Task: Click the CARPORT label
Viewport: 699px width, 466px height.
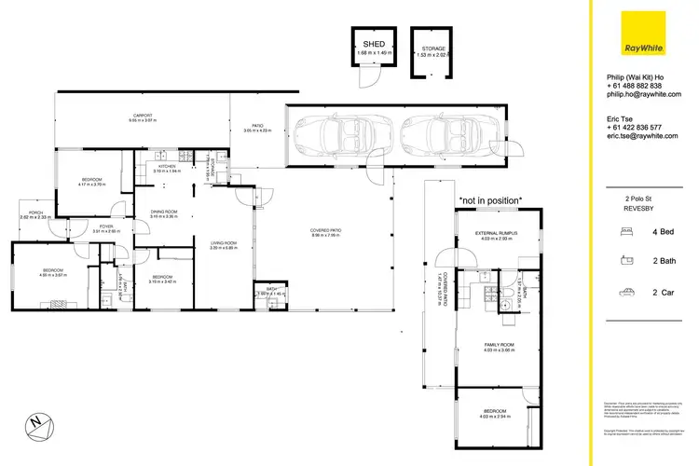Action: click(x=142, y=116)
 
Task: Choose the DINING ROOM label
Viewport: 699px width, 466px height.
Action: click(x=164, y=212)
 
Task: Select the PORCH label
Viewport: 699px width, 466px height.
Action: click(x=36, y=213)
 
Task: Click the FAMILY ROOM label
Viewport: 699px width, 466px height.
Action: click(x=500, y=344)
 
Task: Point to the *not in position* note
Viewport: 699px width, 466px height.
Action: click(x=489, y=199)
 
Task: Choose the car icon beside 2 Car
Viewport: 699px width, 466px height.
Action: click(x=623, y=293)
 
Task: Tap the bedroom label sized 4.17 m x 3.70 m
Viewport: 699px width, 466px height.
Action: click(x=90, y=179)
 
